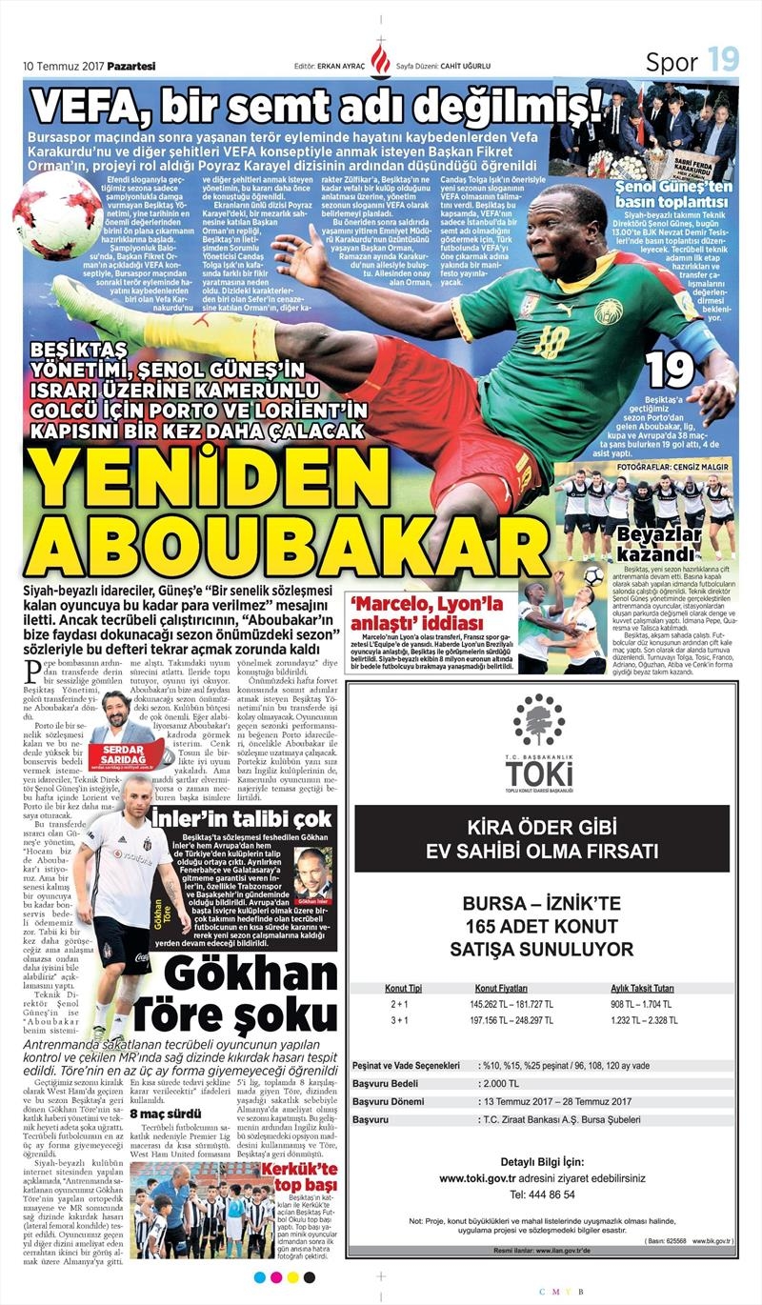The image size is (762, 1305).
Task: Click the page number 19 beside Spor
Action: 723,60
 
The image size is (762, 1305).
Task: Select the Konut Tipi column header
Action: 403,988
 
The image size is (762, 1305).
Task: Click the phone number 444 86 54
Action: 540,1194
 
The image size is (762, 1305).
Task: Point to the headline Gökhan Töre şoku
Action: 251,994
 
